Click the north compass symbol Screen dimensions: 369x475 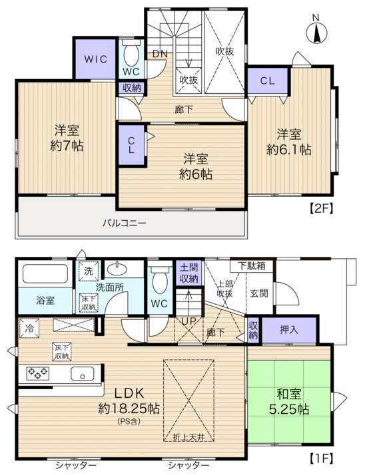pos(316,33)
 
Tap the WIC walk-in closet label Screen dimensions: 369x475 pos(95,59)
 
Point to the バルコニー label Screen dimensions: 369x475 pos(124,224)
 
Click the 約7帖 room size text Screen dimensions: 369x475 pos(67,146)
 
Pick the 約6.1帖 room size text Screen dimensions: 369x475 pos(288,149)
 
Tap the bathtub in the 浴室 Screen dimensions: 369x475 pos(45,274)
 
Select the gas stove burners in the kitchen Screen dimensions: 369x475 pos(38,373)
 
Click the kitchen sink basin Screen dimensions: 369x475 pos(83,373)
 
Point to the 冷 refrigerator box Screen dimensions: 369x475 pos(29,328)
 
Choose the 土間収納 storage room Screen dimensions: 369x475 pos(188,273)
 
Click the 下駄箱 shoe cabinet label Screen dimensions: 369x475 pos(252,265)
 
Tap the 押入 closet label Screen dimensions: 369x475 pos(289,329)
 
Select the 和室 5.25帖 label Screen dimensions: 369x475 pos(289,402)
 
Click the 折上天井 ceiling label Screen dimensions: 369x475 pos(188,437)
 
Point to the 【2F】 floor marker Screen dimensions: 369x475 pos(321,209)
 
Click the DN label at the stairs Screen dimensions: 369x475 pos(160,54)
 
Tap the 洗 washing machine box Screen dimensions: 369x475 pos(88,271)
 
